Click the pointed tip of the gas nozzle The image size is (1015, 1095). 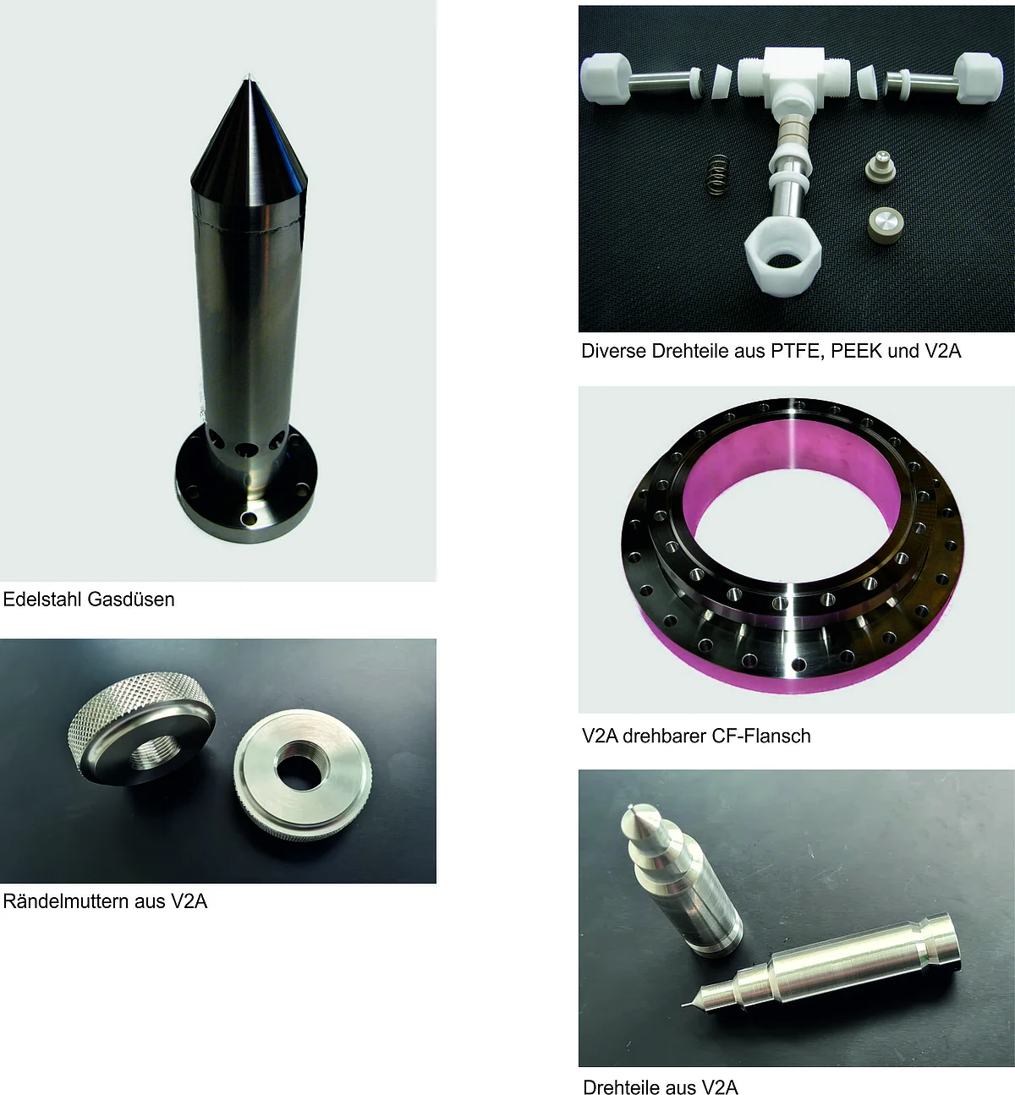coord(249,75)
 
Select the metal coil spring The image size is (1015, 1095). coord(718,174)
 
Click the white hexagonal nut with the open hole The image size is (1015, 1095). coord(782,259)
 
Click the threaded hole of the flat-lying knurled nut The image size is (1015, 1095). coord(302,764)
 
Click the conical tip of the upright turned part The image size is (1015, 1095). coord(639,817)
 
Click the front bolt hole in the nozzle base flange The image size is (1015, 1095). coord(250,518)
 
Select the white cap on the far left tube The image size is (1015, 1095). coord(606,79)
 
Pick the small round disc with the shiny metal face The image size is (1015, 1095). coord(886,225)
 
